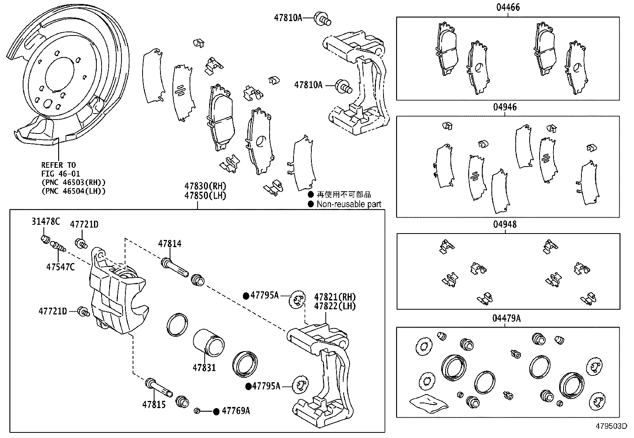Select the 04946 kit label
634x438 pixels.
point(505,107)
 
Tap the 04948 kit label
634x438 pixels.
point(505,224)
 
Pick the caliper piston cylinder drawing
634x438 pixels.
point(209,342)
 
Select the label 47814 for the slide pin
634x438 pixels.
point(169,244)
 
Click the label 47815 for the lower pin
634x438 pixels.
point(154,405)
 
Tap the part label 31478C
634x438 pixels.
point(46,222)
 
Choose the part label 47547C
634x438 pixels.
point(60,267)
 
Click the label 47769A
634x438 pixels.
point(236,411)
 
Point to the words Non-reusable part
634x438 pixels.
point(349,204)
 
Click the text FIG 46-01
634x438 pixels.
point(61,173)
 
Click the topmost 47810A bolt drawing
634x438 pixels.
point(323,18)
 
